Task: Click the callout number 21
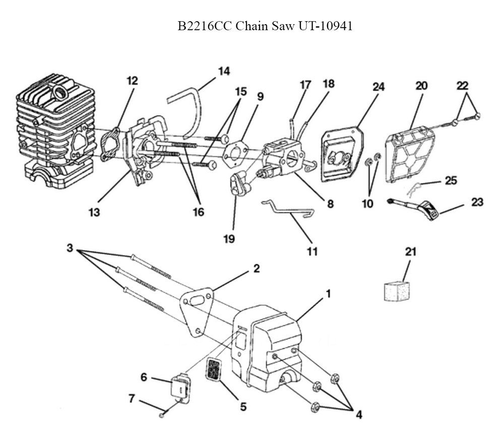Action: [x=411, y=252]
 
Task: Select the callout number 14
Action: [x=224, y=71]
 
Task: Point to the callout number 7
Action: [x=132, y=398]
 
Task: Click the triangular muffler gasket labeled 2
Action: [x=198, y=312]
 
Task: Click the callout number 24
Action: [x=379, y=87]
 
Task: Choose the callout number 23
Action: [x=476, y=202]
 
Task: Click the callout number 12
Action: [x=132, y=80]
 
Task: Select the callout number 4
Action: [x=358, y=415]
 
